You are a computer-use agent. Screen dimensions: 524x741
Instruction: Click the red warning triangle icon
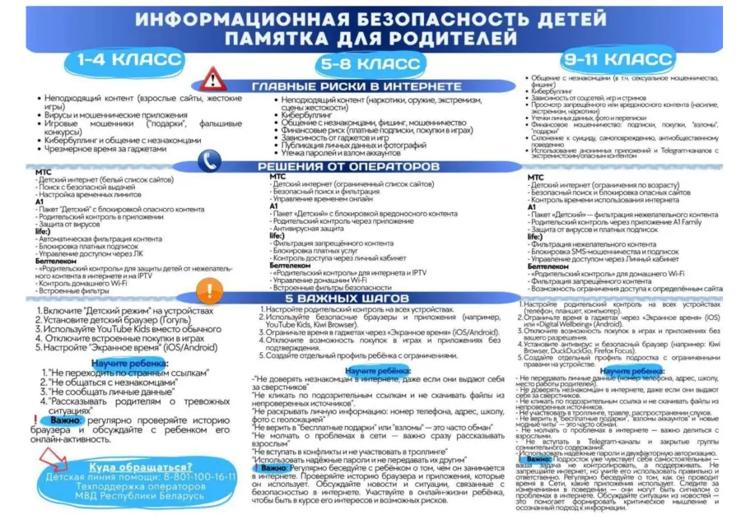point(212,80)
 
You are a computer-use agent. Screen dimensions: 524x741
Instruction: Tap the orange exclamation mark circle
point(212,290)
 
